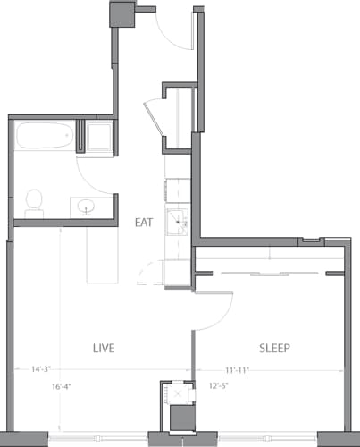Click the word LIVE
[104, 346]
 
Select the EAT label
[144, 222]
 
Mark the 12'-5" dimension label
[220, 387]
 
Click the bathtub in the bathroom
[44, 138]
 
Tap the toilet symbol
[35, 202]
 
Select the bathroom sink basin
[88, 207]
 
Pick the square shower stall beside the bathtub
[96, 137]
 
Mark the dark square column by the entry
[121, 15]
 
